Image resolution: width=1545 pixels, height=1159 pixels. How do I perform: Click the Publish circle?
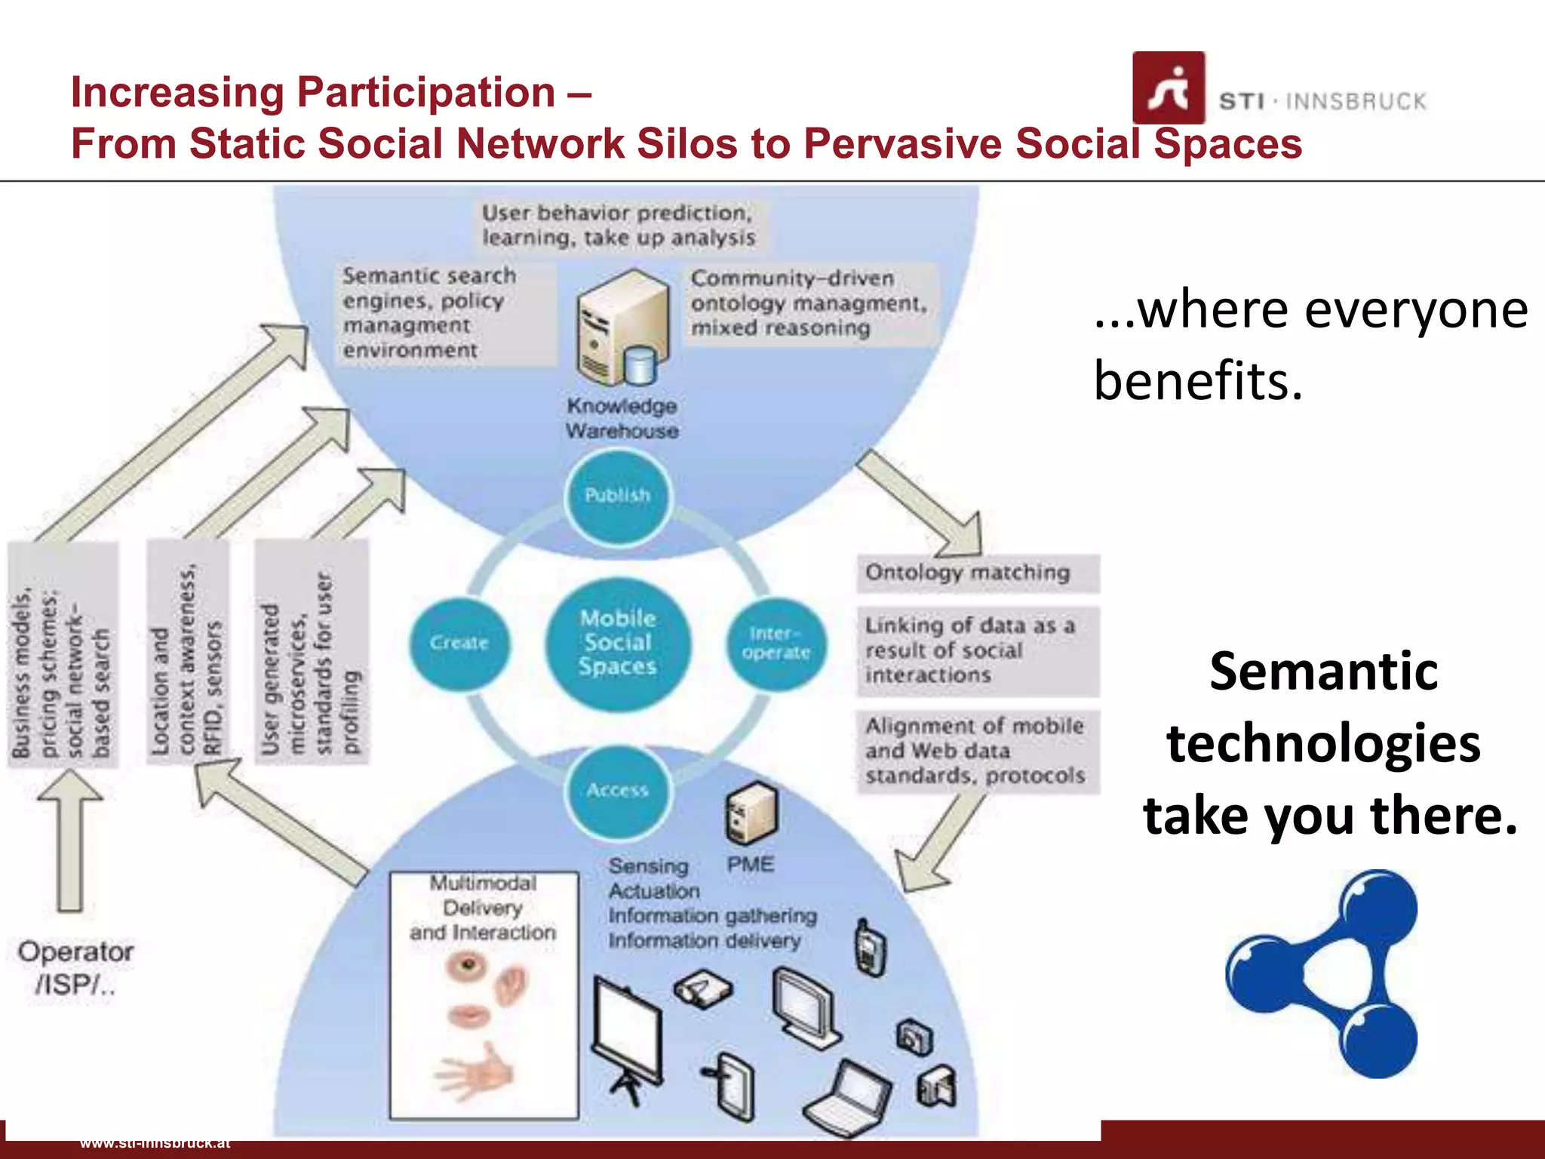pos(617,496)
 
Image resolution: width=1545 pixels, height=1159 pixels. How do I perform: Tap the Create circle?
pos(459,644)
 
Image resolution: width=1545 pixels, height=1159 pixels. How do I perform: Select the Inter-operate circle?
pos(776,644)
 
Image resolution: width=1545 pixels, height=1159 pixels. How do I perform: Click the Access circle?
pos(617,790)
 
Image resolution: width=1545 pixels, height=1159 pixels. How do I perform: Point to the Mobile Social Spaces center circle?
pos(617,644)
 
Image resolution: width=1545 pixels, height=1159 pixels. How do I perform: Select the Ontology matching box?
pos(978,573)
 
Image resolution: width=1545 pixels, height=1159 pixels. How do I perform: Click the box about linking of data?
pos(978,651)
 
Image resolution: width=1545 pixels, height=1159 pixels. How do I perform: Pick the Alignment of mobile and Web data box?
pos(978,752)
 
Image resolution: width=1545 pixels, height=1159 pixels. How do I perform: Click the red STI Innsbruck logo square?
pos(1168,88)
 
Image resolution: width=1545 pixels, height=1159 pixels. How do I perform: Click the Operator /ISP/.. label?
pos(75,967)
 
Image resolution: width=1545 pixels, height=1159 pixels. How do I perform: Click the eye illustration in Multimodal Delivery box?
pos(468,965)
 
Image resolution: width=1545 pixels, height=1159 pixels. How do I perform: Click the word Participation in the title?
pos(426,93)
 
